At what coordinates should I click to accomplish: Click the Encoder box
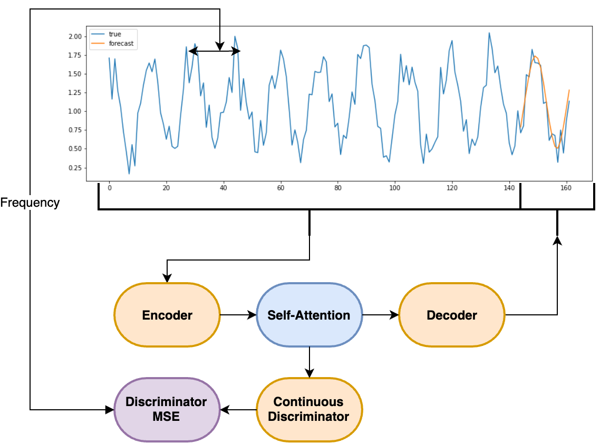167,315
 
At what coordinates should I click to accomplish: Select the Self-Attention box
309,315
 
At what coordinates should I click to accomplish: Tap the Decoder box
452,315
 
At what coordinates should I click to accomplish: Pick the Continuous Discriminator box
309,409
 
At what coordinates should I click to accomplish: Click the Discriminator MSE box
167,409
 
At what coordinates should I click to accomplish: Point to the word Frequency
30,203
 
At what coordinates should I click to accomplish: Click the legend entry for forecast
121,44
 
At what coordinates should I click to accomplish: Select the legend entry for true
114,34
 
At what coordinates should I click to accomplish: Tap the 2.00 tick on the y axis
74,36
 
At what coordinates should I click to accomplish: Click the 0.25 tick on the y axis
74,168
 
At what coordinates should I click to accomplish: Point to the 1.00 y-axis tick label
74,111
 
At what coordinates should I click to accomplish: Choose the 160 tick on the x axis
566,188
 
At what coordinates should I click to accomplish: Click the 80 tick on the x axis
338,188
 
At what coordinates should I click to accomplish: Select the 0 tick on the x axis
109,188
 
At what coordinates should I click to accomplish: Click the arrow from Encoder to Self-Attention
238,315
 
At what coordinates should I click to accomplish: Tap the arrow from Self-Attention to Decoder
380,315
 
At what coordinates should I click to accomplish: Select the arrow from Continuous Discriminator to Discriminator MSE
238,409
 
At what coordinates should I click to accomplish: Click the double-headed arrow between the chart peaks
215,51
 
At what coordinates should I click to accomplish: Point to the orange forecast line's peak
535,56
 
